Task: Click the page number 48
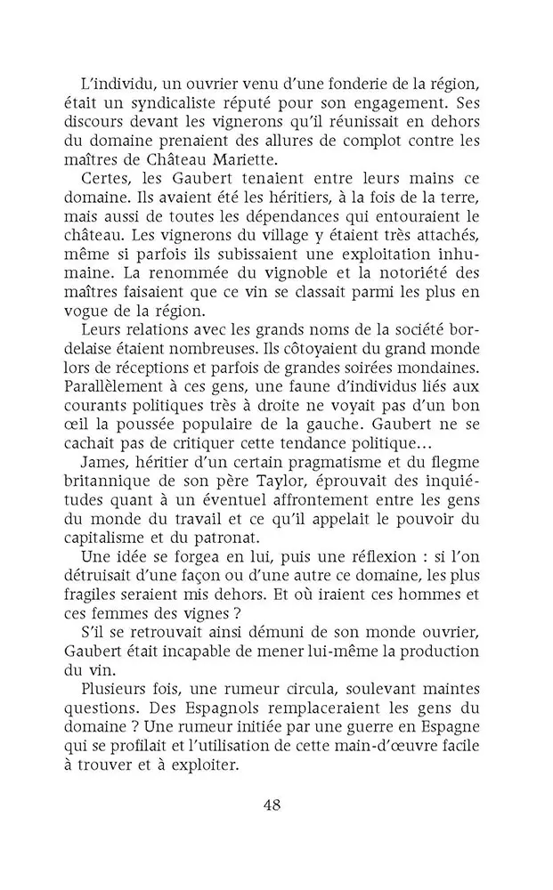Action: click(272, 806)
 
